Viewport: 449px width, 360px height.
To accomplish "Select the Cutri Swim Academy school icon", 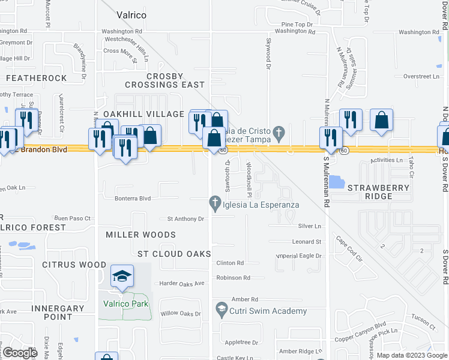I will [221, 310].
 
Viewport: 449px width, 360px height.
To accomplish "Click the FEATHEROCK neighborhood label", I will [37, 78].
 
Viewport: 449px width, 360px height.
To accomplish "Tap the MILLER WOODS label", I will [140, 235].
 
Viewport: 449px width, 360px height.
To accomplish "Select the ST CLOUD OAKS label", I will [174, 254].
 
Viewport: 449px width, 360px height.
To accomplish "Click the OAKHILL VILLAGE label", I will [143, 114].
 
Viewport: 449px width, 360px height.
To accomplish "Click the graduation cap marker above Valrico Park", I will [122, 277].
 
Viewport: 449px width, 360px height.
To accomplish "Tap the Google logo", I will [20, 353].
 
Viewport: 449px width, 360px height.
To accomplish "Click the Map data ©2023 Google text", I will [411, 355].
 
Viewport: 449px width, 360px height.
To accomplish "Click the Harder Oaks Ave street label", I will [182, 283].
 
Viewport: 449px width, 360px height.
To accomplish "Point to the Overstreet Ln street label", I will [421, 76].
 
